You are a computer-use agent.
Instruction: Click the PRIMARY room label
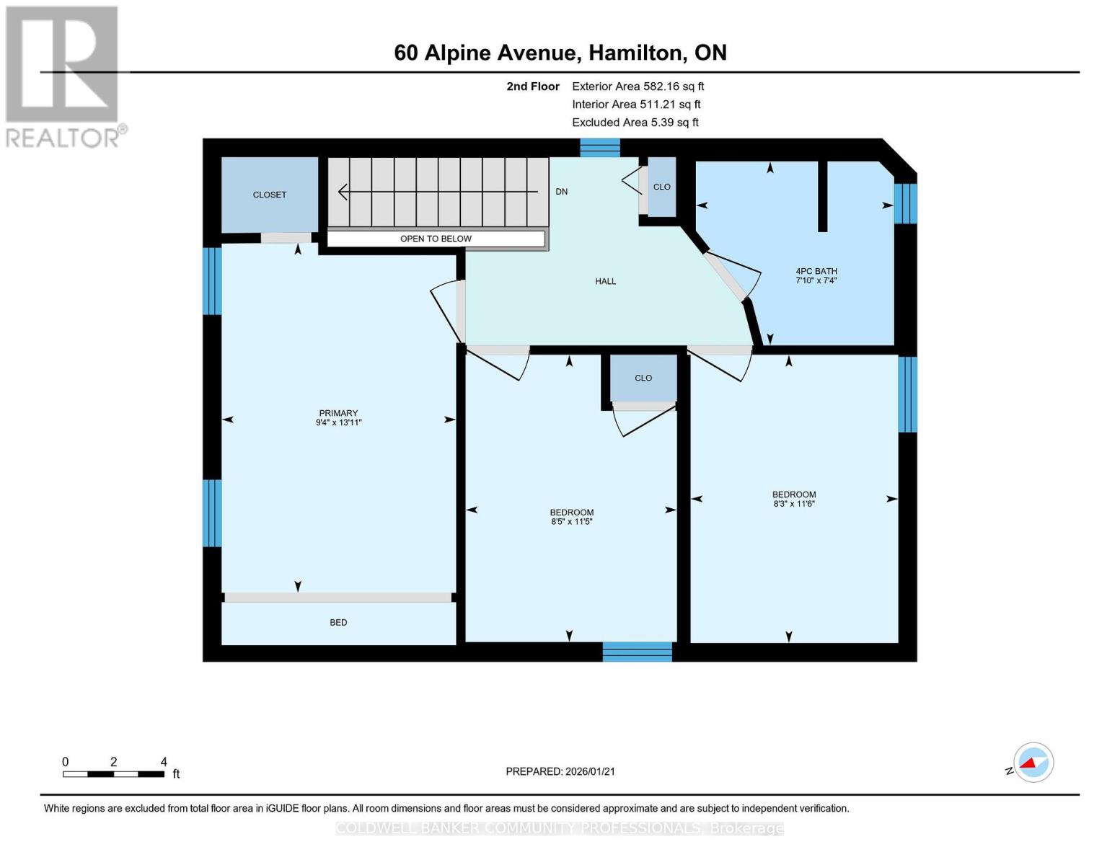338,413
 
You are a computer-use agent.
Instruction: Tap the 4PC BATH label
816,271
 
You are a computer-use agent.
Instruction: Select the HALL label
605,281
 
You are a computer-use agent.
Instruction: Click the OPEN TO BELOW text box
436,239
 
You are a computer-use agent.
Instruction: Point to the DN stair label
561,192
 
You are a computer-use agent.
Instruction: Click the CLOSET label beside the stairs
269,195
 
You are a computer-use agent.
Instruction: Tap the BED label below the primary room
338,622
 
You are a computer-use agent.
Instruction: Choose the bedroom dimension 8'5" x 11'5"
571,522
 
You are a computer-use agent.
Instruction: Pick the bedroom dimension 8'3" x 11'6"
793,504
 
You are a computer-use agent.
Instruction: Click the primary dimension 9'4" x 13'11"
338,423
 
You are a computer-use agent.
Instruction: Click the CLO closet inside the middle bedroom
643,378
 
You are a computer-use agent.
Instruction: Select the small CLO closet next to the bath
661,187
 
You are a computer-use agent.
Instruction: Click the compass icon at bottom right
1033,762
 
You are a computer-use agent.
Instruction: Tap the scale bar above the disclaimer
113,774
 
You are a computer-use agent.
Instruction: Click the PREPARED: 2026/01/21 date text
560,771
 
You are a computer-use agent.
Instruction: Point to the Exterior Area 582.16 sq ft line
638,86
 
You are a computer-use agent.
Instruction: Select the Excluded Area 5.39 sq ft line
635,123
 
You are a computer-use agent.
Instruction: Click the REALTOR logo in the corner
63,76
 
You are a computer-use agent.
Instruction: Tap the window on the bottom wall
637,652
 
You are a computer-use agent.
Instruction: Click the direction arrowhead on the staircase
343,192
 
